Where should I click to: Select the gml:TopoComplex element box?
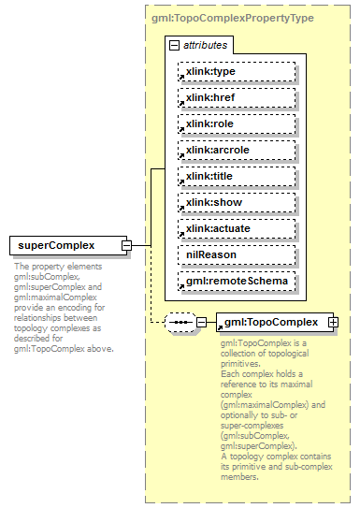[272, 323]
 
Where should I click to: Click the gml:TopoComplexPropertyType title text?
[231, 18]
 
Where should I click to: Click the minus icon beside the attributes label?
[174, 45]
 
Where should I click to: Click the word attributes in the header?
[205, 45]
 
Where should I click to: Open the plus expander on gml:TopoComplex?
[332, 323]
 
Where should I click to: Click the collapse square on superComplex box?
[126, 246]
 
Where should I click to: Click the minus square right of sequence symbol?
[201, 323]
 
